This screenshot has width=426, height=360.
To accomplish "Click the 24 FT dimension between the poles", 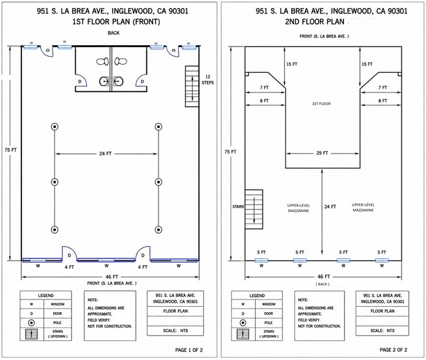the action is coord(105,154).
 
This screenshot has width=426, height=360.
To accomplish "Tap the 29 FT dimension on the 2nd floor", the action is coord(322,153).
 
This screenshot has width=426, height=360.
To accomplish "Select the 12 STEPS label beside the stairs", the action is coord(207,80).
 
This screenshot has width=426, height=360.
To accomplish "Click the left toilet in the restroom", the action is coord(102,61).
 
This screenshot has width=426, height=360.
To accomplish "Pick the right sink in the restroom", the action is coord(118,81).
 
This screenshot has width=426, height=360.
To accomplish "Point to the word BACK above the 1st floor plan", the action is coord(114,33).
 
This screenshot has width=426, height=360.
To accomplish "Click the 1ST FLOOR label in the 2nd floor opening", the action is coord(321,103).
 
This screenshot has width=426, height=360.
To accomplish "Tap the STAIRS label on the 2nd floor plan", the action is coord(238,207).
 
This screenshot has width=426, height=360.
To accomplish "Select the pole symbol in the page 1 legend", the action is coord(32,323).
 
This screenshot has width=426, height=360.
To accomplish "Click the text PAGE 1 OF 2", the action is coord(189,350).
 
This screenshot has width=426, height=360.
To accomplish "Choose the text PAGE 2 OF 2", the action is coord(394,350).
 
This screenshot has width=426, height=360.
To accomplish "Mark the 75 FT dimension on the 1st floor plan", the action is coord(10,150).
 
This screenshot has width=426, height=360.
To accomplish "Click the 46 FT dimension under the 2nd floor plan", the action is coord(324,277).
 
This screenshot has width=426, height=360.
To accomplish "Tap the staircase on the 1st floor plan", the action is coord(192,86).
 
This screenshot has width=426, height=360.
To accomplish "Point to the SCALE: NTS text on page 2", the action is coord(383,331).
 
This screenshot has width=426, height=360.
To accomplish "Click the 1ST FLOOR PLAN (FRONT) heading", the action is coord(116,22).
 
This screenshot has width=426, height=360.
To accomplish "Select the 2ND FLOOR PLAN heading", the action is coord(315,22).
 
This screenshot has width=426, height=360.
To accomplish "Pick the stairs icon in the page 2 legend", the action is coord(243,334).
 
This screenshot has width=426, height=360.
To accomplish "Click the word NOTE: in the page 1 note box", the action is coord(92,300).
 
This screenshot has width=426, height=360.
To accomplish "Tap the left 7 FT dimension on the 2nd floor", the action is coord(264,88).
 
